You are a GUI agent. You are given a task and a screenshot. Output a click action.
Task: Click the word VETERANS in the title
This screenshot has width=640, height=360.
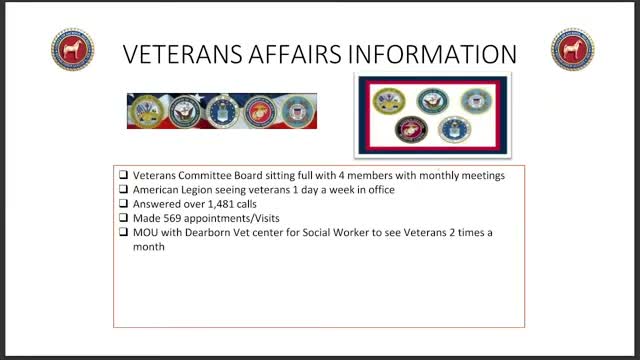pos(179,54)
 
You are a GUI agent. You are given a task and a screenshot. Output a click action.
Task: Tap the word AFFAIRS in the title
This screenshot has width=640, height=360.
pos(295,54)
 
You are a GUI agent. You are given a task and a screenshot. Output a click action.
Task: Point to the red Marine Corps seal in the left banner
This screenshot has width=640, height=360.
pos(258,110)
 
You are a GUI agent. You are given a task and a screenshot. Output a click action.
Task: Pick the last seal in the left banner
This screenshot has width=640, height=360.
pos(296,110)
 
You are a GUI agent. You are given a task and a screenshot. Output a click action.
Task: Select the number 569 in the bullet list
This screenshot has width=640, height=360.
pos(170,218)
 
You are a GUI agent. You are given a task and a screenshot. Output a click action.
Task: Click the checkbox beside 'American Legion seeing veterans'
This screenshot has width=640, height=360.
pos(123,190)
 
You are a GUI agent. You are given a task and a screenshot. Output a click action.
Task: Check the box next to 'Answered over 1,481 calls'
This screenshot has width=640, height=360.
pos(123,204)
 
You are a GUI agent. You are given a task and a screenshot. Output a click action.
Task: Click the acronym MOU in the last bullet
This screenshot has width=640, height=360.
pos(146,232)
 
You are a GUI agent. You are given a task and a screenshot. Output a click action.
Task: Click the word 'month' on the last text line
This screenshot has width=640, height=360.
pos(149,246)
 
